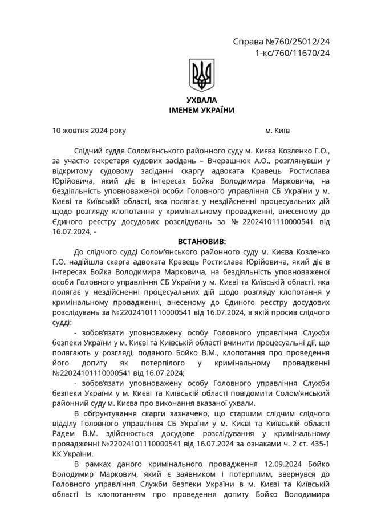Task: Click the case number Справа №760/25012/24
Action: [x=282, y=42]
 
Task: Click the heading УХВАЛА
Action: [x=201, y=100]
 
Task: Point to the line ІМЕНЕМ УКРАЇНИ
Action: [x=201, y=110]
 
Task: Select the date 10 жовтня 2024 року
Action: [x=89, y=131]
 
